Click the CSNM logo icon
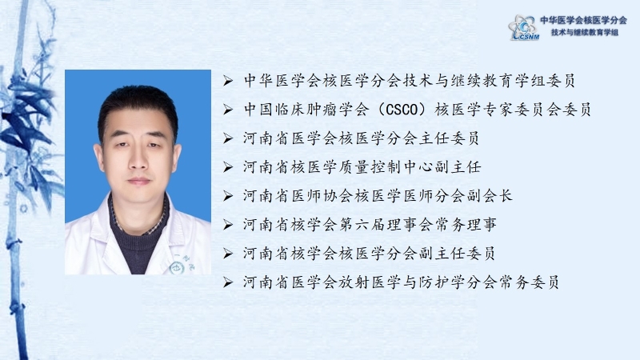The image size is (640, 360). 524,27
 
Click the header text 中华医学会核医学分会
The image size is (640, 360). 583,20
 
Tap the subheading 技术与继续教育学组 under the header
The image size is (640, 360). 585,32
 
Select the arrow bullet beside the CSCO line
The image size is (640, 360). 228,110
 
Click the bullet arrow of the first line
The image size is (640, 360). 228,81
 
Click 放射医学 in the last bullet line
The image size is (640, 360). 369,282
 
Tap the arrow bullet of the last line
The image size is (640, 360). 228,282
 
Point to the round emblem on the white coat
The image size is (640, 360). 177,268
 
